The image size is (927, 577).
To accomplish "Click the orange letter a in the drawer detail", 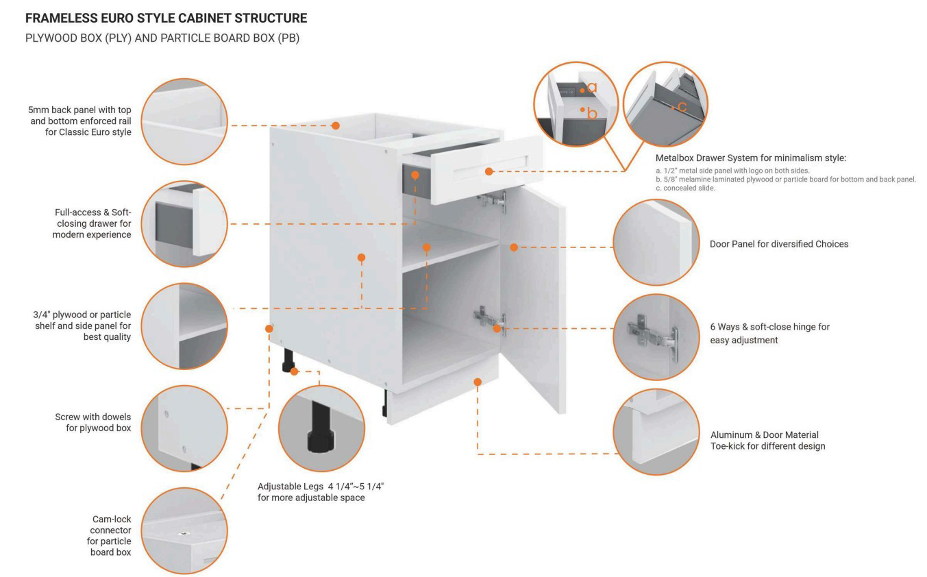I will (x=593, y=88).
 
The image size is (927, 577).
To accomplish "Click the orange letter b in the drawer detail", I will (x=593, y=112).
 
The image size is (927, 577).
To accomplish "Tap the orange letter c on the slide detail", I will (x=681, y=106).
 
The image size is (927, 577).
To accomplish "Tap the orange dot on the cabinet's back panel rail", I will (x=336, y=125).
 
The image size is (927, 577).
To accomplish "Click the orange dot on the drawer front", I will (x=489, y=171).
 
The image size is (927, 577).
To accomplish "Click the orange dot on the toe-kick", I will (x=478, y=382).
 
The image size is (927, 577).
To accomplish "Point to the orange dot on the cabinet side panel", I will (x=361, y=258).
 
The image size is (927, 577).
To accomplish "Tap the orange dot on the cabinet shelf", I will (x=426, y=247).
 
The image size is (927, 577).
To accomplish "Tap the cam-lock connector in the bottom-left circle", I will (x=182, y=534).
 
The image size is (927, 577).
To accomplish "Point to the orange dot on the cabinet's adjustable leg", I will (x=295, y=371).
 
